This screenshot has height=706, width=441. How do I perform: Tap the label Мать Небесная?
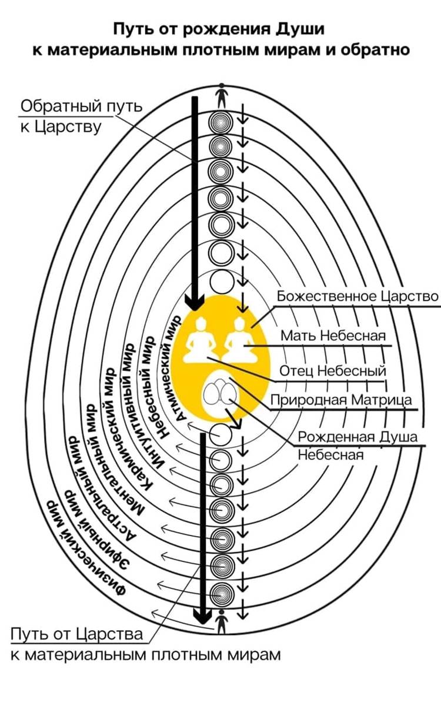(333, 336)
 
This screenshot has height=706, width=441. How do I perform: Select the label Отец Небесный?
(332, 372)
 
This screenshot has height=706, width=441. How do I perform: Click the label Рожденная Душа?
(358, 437)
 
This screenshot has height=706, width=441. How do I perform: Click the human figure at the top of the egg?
(221, 94)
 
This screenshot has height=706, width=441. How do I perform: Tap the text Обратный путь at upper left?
(81, 107)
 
